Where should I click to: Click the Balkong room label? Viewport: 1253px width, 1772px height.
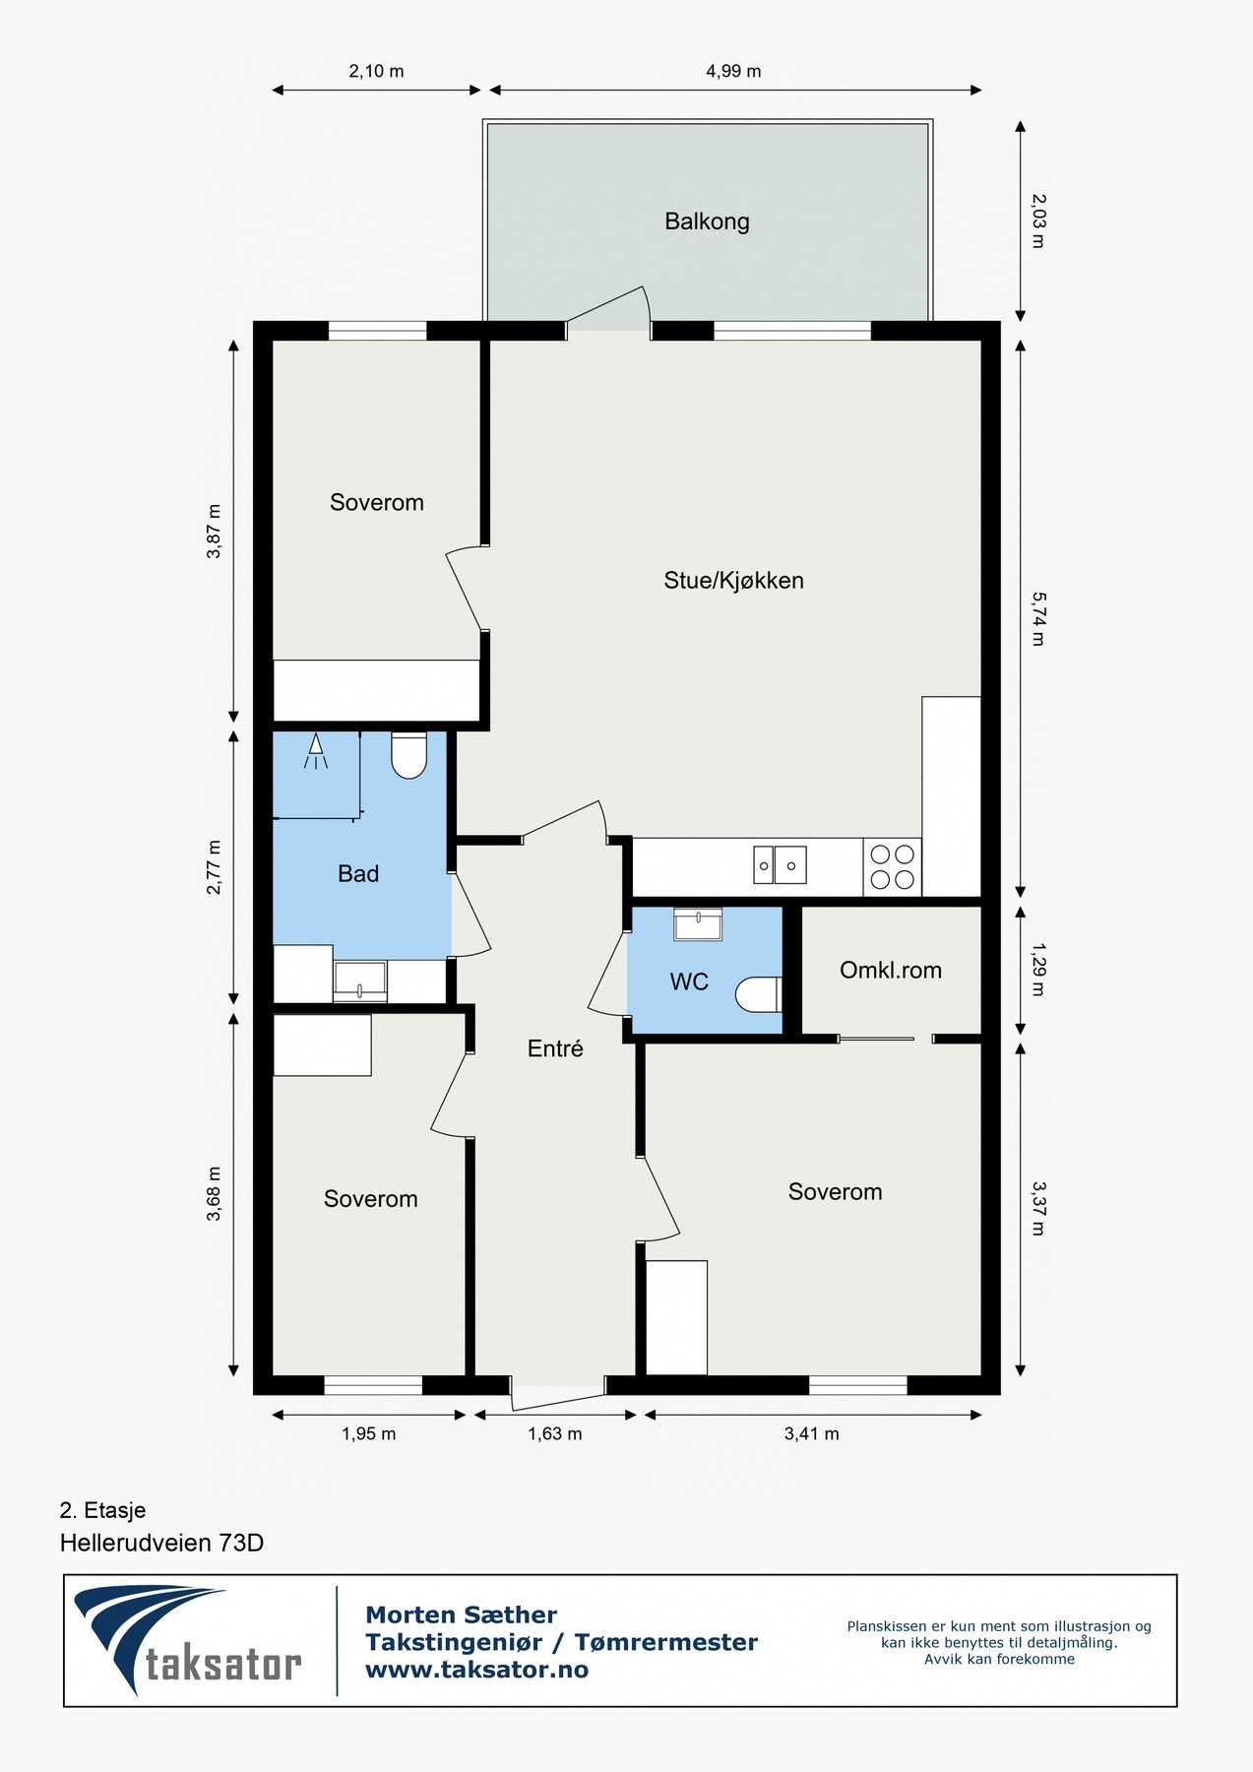click(x=707, y=221)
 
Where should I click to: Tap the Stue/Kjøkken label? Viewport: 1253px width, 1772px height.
click(x=733, y=581)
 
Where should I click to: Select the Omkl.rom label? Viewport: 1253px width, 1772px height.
click(x=890, y=971)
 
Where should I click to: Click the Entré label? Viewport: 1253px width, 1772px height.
click(x=555, y=1049)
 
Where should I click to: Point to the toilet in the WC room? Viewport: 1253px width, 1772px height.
click(x=759, y=994)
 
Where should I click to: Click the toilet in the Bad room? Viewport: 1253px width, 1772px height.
click(x=408, y=755)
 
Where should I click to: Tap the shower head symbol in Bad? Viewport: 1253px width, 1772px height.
click(x=316, y=751)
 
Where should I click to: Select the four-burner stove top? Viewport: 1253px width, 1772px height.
click(x=892, y=867)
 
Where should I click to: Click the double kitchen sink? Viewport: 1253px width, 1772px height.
click(x=780, y=865)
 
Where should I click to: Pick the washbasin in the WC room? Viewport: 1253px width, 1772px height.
click(x=698, y=924)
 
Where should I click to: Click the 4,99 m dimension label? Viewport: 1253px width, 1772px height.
click(x=733, y=71)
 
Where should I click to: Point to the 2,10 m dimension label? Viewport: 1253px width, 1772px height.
click(x=376, y=71)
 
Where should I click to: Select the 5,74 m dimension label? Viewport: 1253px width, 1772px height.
click(x=1037, y=618)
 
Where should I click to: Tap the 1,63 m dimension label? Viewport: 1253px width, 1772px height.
click(x=555, y=1433)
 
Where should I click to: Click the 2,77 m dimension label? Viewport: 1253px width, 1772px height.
click(x=214, y=867)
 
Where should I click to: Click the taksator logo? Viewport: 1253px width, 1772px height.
click(x=188, y=1639)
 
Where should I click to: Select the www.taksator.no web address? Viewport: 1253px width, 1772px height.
click(x=476, y=1670)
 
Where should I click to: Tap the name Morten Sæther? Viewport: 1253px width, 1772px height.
click(x=461, y=1614)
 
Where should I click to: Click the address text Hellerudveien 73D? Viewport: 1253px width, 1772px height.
click(x=161, y=1543)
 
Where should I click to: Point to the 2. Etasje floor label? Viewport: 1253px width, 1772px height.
click(x=102, y=1510)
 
